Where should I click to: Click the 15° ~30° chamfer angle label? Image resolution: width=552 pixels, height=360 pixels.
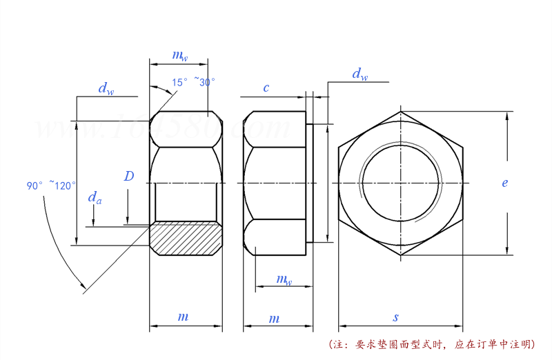(194, 82)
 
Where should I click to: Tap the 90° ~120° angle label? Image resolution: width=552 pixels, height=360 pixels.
(52, 186)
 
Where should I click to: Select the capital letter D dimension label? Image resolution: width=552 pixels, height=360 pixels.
(129, 177)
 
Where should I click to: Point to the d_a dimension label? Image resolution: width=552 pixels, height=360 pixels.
(95, 199)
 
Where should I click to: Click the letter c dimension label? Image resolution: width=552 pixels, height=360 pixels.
(266, 88)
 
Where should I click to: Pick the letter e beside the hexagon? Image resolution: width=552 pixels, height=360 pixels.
(505, 183)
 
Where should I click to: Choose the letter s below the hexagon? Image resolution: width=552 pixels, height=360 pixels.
(396, 318)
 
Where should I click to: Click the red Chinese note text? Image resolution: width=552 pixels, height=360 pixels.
(431, 343)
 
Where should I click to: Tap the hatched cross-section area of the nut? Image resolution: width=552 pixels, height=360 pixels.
(186, 238)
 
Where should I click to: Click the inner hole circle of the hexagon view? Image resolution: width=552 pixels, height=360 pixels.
(400, 183)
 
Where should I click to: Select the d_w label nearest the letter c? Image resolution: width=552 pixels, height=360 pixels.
(359, 74)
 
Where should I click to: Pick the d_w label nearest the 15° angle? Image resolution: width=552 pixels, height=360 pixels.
(106, 88)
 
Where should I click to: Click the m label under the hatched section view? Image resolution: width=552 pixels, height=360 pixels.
(183, 317)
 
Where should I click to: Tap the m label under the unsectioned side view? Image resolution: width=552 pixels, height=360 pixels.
(274, 318)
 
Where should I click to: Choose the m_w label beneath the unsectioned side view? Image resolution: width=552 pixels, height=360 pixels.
(284, 279)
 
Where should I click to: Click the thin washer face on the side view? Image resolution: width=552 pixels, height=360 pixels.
(310, 183)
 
